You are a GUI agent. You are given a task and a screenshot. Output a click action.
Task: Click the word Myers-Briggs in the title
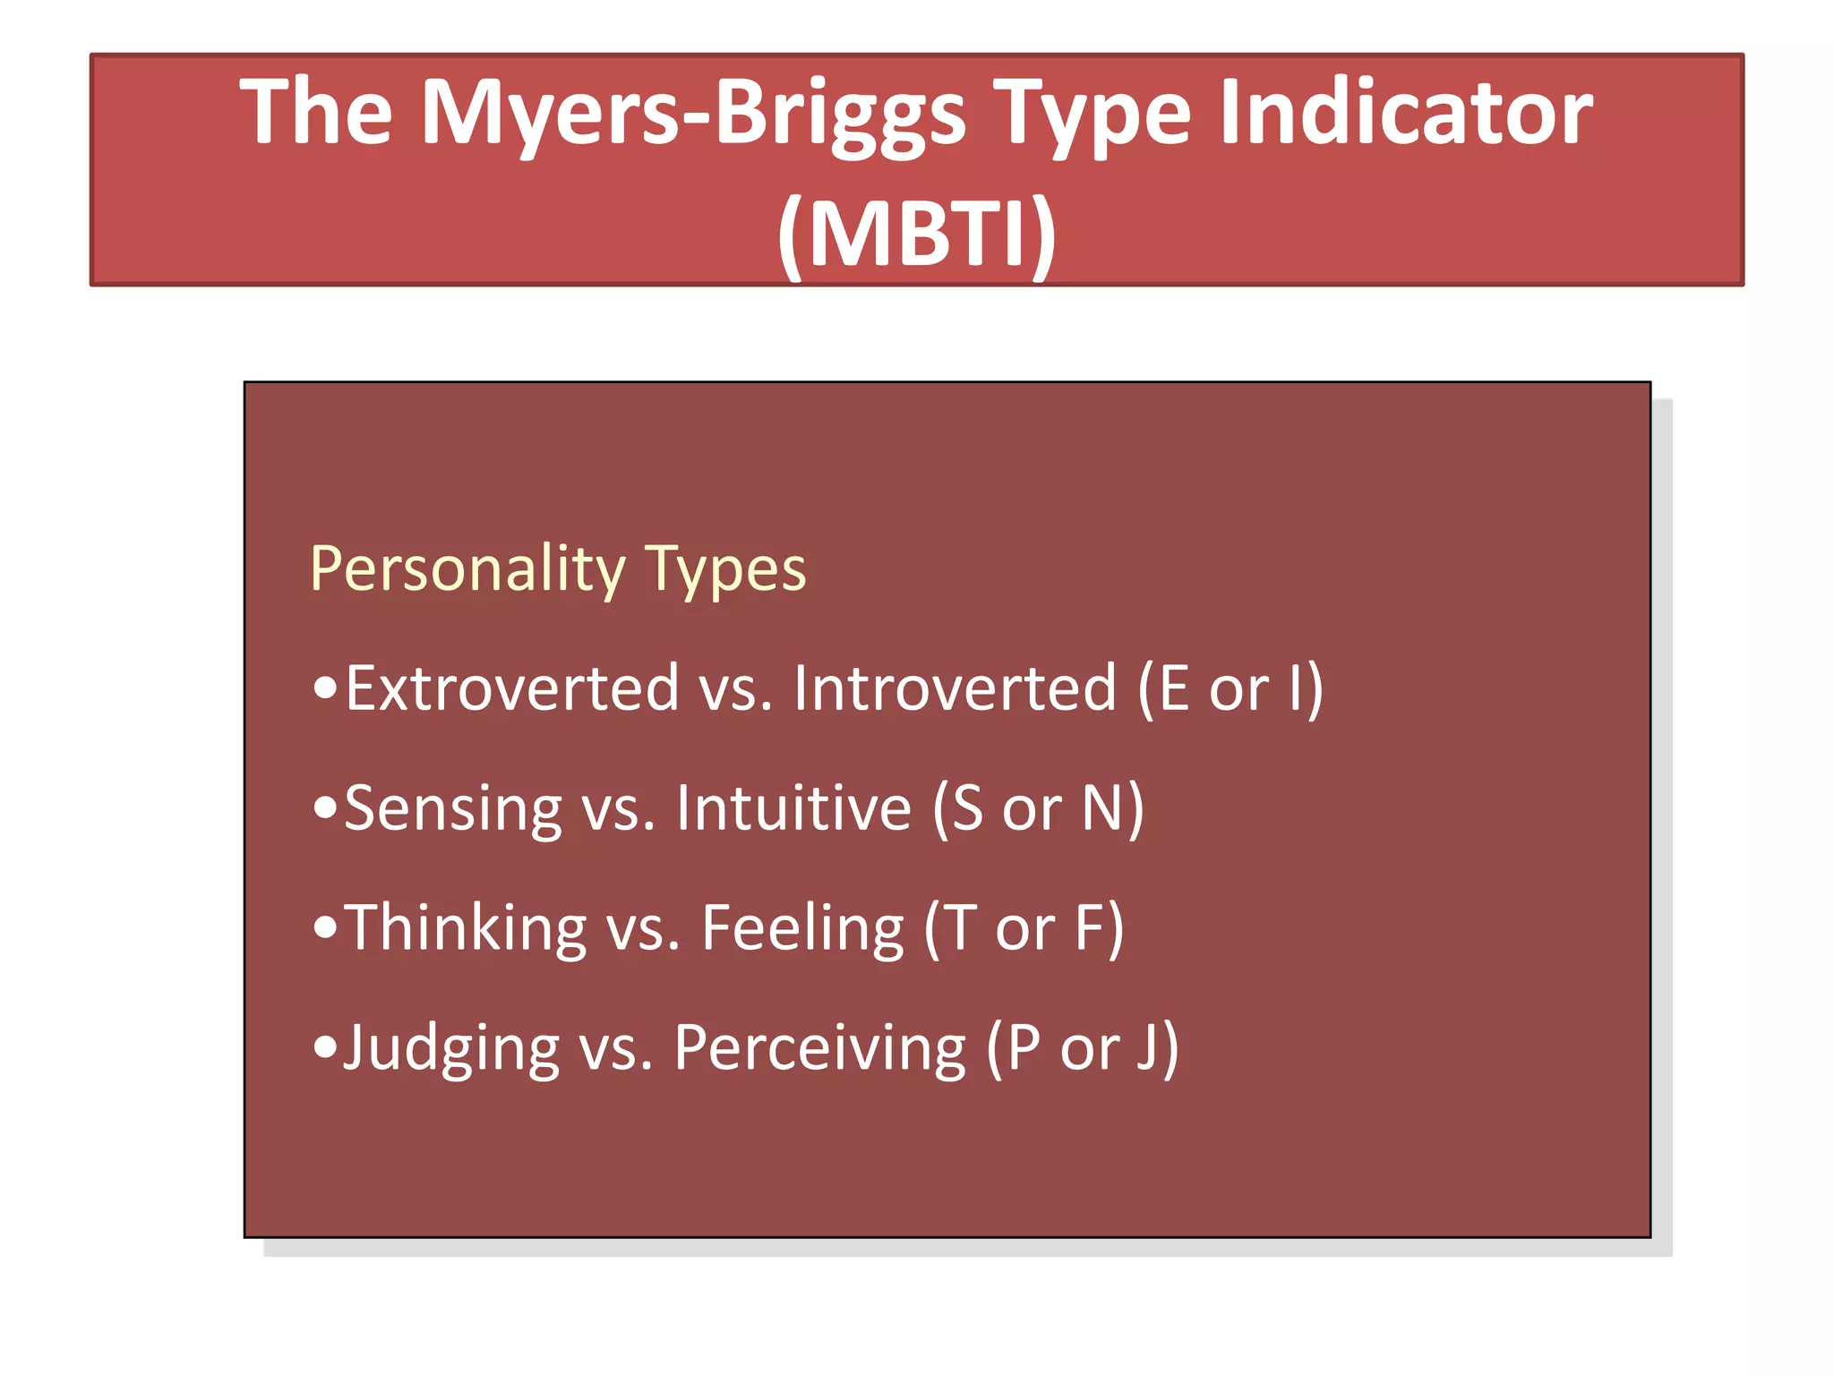pos(693,114)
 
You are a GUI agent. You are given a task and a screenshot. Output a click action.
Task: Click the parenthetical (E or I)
pos(1230,689)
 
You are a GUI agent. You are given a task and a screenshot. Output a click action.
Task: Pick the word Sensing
pos(452,809)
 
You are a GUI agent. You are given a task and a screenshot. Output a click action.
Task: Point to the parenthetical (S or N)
pos(1038,809)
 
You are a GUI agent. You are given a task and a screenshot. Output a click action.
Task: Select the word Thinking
pos(465,928)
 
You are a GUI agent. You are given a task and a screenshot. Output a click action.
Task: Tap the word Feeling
pos(802,928)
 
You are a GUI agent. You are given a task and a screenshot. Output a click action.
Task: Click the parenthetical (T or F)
pos(1024,929)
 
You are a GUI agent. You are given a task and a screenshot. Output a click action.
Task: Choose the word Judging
pos(451,1049)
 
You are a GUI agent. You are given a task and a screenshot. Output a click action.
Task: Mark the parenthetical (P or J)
pos(1082,1048)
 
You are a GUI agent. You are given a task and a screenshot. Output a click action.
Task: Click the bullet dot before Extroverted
pos(326,688)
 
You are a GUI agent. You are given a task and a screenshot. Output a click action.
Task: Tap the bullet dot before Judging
pos(326,1046)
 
